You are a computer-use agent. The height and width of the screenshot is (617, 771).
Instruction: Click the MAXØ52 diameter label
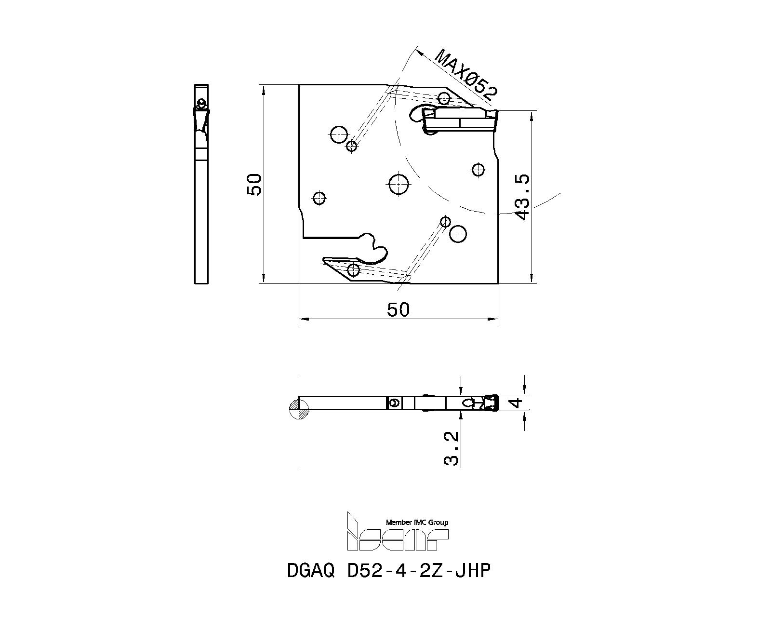[x=466, y=75]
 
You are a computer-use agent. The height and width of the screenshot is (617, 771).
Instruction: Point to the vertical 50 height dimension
[x=254, y=185]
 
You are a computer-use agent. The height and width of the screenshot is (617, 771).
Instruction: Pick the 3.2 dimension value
[x=451, y=448]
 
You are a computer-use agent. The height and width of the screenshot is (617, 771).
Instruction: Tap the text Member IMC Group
[x=417, y=523]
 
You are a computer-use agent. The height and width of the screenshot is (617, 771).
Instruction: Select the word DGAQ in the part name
[x=311, y=571]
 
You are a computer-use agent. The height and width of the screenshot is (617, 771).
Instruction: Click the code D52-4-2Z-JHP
[x=418, y=571]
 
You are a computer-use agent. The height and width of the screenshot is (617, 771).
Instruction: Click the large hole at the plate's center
[x=399, y=184]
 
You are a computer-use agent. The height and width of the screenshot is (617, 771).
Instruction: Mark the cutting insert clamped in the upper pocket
[x=460, y=121]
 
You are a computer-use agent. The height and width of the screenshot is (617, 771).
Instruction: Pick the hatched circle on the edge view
[x=299, y=409]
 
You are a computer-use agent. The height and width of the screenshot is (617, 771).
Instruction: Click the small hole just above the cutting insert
[x=444, y=98]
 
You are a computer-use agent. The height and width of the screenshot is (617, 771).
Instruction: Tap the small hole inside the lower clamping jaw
[x=354, y=269]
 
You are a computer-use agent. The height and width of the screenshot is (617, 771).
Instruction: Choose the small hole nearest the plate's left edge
[x=319, y=198]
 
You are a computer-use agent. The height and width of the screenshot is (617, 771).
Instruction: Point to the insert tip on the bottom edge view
[x=492, y=402]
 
